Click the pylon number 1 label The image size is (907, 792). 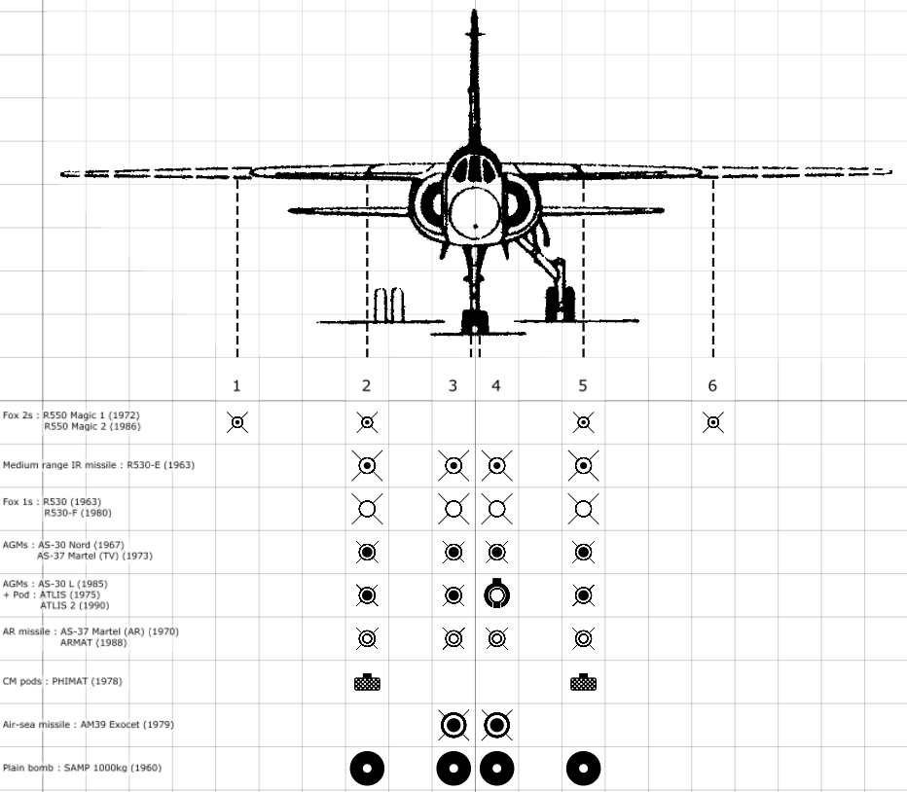coord(236,386)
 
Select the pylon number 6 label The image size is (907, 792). coord(712,386)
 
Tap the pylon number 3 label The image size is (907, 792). coord(453,386)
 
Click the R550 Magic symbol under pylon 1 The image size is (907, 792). coord(237,423)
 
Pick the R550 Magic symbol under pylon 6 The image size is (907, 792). coord(713,423)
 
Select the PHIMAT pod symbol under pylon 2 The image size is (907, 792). coord(367,682)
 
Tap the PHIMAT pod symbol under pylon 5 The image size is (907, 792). coord(584,682)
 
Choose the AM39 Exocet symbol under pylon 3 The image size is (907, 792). coord(453,725)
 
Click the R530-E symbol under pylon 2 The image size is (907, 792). coord(367,466)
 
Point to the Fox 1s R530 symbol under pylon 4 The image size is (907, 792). coord(497,509)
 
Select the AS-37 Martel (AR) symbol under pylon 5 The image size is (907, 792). coord(584,638)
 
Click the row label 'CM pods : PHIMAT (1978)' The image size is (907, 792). coord(62,681)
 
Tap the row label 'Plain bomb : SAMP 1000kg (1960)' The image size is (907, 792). coord(82,768)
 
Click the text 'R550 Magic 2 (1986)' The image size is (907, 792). coord(92,426)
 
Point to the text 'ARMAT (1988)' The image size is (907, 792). coord(93,642)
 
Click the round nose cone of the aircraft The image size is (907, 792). coord(475,212)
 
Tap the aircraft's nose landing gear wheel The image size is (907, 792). coord(475,323)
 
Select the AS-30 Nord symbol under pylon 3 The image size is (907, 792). coord(453,552)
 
